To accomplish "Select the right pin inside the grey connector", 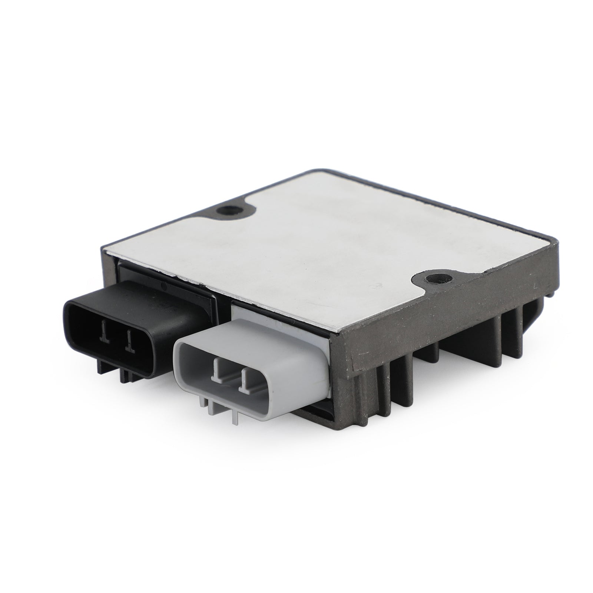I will click(244, 378).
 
